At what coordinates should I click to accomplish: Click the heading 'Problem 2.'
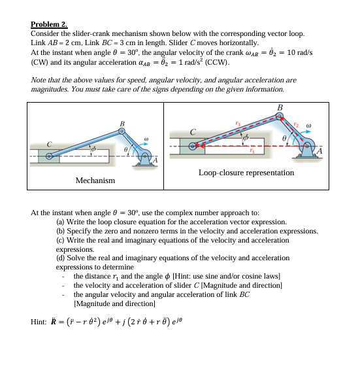[x=49, y=23]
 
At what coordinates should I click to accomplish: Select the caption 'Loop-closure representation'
[x=246, y=173]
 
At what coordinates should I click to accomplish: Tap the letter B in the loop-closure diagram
[x=280, y=108]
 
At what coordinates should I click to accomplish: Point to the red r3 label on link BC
[x=238, y=122]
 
